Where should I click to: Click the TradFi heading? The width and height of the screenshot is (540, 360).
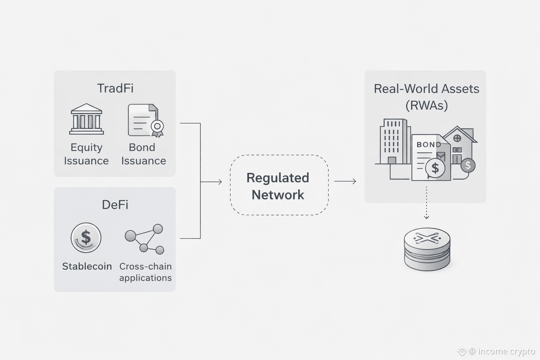tap(115, 88)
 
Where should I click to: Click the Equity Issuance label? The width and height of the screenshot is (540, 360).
tap(86, 154)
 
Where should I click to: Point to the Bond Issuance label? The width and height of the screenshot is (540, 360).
tap(143, 154)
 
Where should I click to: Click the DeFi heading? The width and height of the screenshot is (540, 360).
tap(115, 205)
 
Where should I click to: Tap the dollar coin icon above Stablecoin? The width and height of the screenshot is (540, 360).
tap(86, 238)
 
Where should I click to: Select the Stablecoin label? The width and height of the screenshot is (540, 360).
tap(87, 266)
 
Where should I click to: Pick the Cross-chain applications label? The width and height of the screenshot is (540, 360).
tap(145, 272)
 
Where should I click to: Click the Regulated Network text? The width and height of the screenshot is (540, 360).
tap(278, 186)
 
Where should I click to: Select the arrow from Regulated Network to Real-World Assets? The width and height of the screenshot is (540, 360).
tap(345, 181)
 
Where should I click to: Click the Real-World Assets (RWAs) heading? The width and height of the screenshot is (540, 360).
tap(426, 97)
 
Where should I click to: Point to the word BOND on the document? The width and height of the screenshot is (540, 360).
tap(429, 144)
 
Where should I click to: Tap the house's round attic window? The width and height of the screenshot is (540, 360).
tap(457, 138)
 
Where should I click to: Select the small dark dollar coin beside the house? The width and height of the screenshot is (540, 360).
tap(468, 165)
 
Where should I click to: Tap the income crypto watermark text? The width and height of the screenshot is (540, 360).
tap(502, 351)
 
